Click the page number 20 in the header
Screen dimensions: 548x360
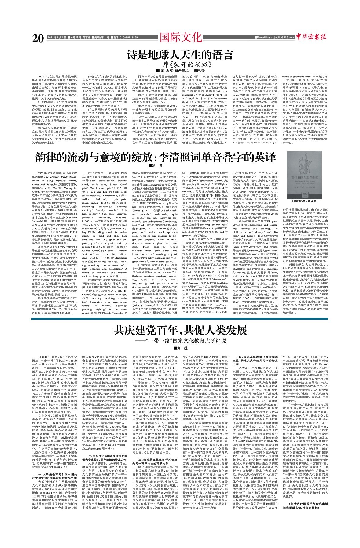38,38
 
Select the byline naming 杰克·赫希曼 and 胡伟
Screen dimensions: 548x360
180,71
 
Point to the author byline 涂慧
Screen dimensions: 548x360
156,166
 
